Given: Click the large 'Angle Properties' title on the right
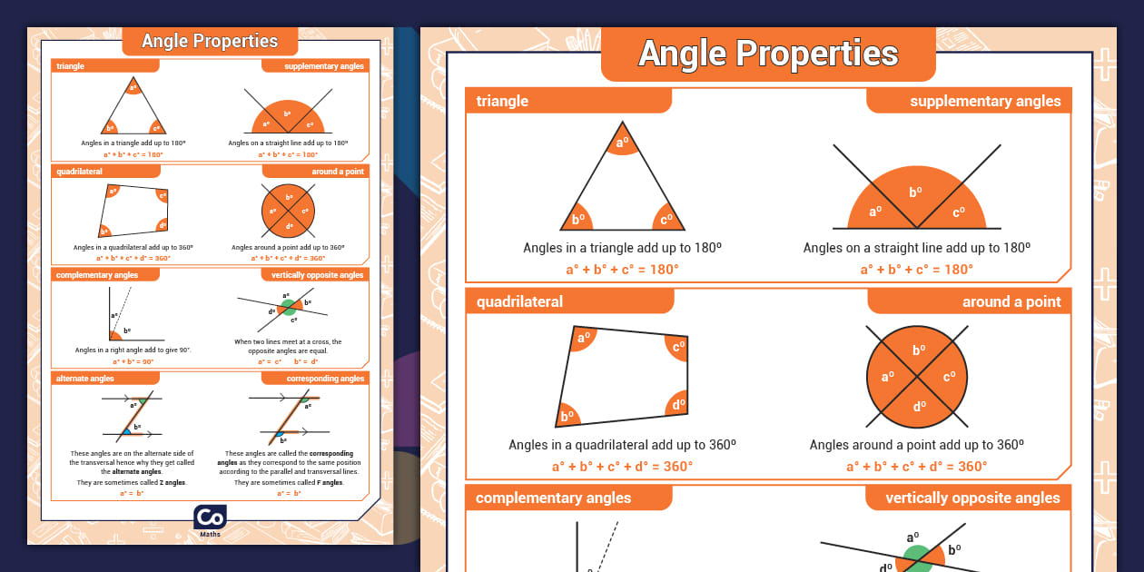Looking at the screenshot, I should click(x=768, y=54).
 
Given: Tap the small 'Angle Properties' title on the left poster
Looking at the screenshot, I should click(x=210, y=41).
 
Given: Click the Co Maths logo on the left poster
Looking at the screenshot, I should click(x=210, y=518).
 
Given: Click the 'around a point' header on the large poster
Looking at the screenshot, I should click(x=1011, y=301).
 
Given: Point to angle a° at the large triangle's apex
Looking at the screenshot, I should click(x=622, y=143).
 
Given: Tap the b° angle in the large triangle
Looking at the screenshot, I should click(x=578, y=219).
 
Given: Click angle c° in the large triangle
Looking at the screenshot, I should click(x=667, y=219).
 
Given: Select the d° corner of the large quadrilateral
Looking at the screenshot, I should click(x=677, y=405).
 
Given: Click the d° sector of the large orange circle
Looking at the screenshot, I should click(x=919, y=406).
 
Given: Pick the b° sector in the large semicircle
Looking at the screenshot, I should click(x=916, y=192).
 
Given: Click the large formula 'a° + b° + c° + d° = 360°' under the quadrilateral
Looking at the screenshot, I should click(x=622, y=467).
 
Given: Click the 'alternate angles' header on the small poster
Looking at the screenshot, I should click(x=85, y=378).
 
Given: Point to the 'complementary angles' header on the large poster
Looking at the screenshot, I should click(x=553, y=498).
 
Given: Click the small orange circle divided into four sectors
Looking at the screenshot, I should click(x=289, y=211).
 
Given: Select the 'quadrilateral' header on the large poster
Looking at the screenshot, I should click(x=519, y=301).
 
